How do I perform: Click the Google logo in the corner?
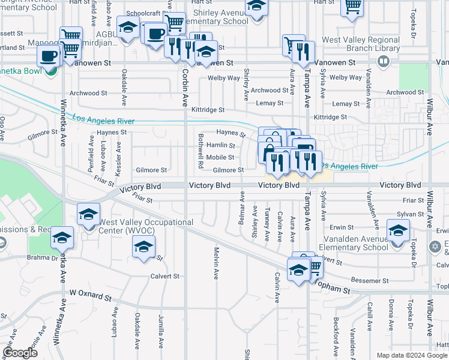coord(20,353)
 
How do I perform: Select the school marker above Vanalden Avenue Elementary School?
coord(398,231)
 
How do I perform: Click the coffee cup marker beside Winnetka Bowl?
coord(49,57)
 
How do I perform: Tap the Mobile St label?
coord(220,157)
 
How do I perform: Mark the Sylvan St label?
coord(410,214)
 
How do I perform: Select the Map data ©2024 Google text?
coord(411,355)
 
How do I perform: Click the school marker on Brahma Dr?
coord(61,238)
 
